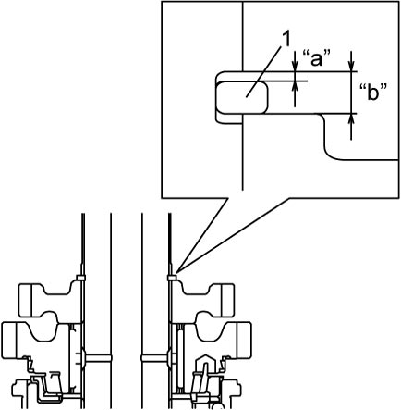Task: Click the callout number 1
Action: tap(286, 40)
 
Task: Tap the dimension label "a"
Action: tap(317, 58)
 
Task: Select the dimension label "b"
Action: tap(373, 92)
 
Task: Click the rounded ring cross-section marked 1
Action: tap(242, 97)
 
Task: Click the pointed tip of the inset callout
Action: tap(176, 273)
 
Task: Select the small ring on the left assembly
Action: tap(80, 278)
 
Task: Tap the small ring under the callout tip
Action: tap(172, 278)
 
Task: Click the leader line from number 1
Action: tap(264, 71)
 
